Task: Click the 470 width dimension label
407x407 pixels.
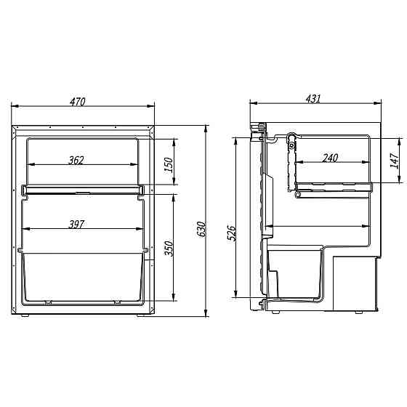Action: click(77, 102)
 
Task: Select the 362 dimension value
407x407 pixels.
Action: click(76, 161)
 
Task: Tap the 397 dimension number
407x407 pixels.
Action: click(76, 225)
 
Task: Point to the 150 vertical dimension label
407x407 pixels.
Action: click(169, 165)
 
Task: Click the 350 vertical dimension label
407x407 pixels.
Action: click(169, 249)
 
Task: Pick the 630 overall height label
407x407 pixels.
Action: click(201, 229)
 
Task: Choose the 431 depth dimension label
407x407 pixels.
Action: click(313, 99)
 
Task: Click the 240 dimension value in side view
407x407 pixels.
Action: click(330, 158)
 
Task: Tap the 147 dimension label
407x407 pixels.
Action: click(395, 161)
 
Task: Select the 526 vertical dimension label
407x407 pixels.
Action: click(231, 233)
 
